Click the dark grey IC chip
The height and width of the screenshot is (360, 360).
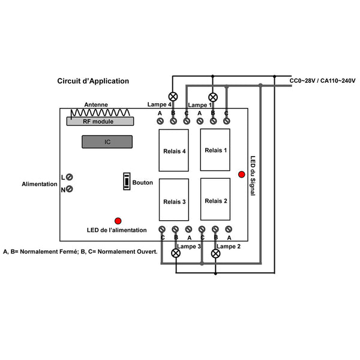[x=107, y=142]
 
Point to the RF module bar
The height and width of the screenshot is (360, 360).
[x=100, y=121]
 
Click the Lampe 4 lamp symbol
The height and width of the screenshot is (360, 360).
[x=173, y=97]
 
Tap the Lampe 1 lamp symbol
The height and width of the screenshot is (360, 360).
[x=213, y=97]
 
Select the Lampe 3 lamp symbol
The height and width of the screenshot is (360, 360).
[x=176, y=253]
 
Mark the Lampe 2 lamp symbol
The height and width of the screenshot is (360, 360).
[x=215, y=253]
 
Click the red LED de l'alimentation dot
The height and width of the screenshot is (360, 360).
[x=118, y=221]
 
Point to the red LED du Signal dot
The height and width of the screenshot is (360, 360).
[x=242, y=174]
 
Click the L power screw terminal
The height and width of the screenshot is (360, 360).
[x=70, y=177]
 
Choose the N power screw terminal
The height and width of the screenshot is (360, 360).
[x=70, y=189]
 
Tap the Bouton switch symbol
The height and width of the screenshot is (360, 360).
[x=127, y=181]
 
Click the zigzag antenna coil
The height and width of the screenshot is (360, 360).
[x=100, y=113]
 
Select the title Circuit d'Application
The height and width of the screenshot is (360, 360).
[x=93, y=81]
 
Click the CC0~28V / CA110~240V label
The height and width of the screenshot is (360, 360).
[x=322, y=80]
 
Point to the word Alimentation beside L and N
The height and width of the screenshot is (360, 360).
[x=40, y=184]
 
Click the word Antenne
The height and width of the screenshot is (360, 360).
[x=96, y=104]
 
